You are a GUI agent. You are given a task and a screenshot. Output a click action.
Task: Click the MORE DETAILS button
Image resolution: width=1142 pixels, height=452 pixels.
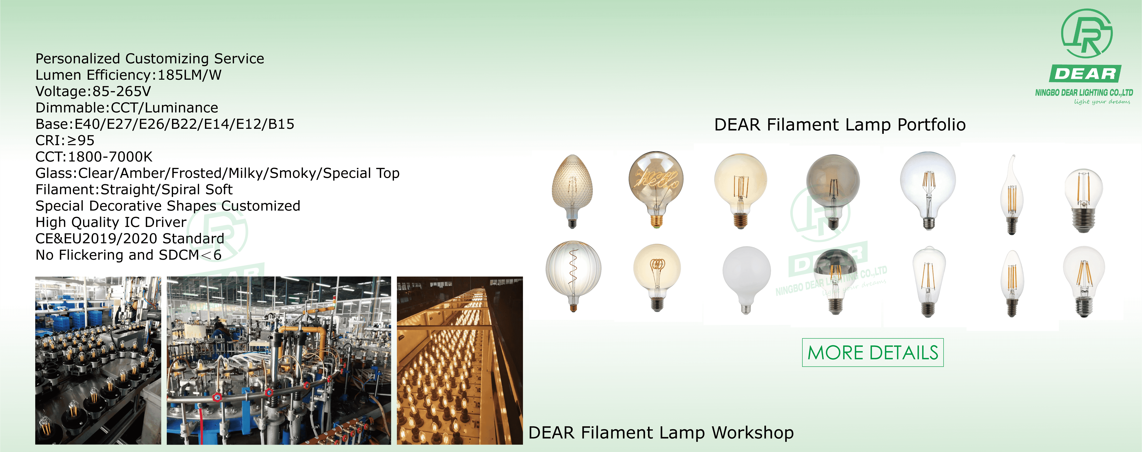pyautogui.click(x=872, y=352)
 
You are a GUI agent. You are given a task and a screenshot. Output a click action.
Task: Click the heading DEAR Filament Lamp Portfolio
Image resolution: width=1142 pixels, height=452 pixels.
pyautogui.click(x=840, y=125)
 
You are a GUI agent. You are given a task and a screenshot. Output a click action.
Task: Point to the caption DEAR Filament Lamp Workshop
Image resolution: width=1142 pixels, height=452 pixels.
pyautogui.click(x=661, y=432)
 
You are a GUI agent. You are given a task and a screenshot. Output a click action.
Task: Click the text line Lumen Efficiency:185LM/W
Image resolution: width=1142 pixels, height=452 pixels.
pyautogui.click(x=128, y=75)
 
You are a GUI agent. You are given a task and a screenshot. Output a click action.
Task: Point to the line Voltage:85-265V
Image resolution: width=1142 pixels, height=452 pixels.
pyautogui.click(x=93, y=91)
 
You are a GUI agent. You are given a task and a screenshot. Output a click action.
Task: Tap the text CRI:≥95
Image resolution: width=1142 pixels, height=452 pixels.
pyautogui.click(x=65, y=141)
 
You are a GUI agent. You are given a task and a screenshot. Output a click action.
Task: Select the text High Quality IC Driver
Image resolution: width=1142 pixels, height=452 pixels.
pyautogui.click(x=111, y=222)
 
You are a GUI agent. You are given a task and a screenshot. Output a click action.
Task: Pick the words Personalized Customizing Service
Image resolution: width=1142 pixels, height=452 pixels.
pyautogui.click(x=149, y=59)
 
